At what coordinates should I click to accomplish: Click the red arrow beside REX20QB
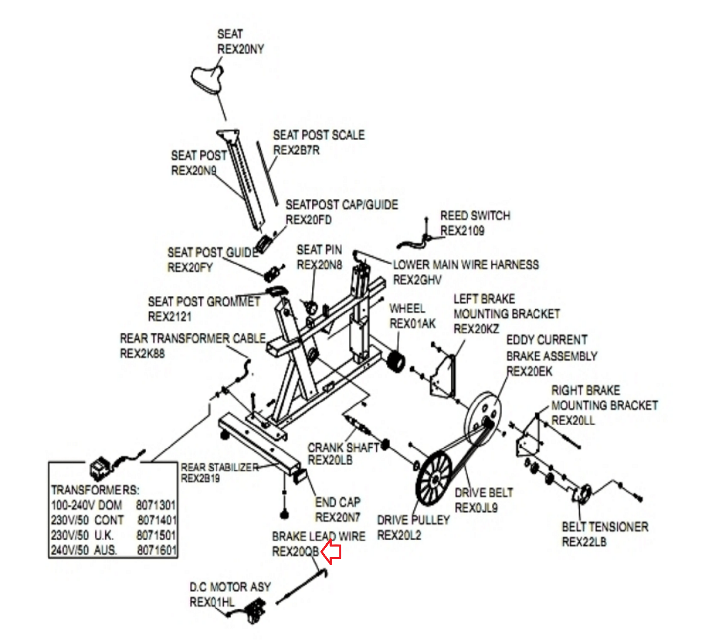331,552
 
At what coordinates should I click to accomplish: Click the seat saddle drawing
207,79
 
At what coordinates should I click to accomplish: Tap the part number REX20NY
240,49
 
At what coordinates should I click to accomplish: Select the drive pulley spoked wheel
434,478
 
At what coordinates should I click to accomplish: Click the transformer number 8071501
156,535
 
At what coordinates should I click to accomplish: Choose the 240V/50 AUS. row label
84,550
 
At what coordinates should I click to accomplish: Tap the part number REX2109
462,231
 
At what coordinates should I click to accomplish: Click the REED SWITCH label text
475,216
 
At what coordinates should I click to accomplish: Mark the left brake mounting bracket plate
443,378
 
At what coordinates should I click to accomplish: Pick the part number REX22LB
584,542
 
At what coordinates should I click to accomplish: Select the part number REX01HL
212,602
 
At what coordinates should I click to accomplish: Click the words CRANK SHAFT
343,448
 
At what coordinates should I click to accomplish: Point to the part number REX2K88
142,354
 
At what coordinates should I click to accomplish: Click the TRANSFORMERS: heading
95,490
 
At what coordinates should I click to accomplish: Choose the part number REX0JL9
476,507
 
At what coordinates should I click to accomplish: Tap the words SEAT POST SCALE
318,135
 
